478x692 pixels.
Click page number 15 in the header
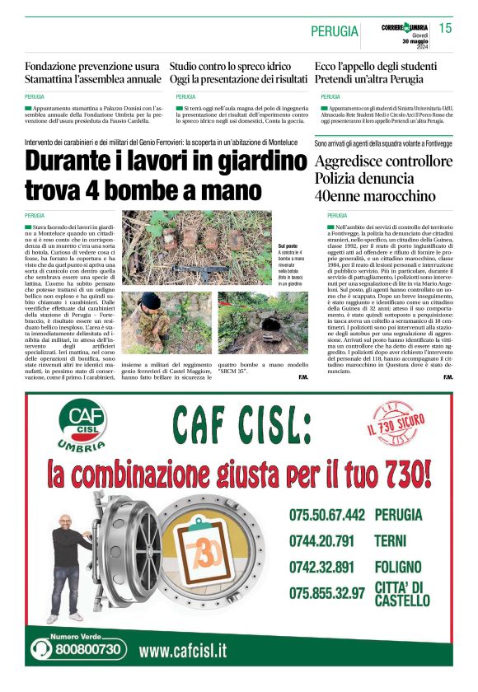click(446, 28)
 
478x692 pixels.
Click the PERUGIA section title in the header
click(335, 31)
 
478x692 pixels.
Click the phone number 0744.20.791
click(321, 541)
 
